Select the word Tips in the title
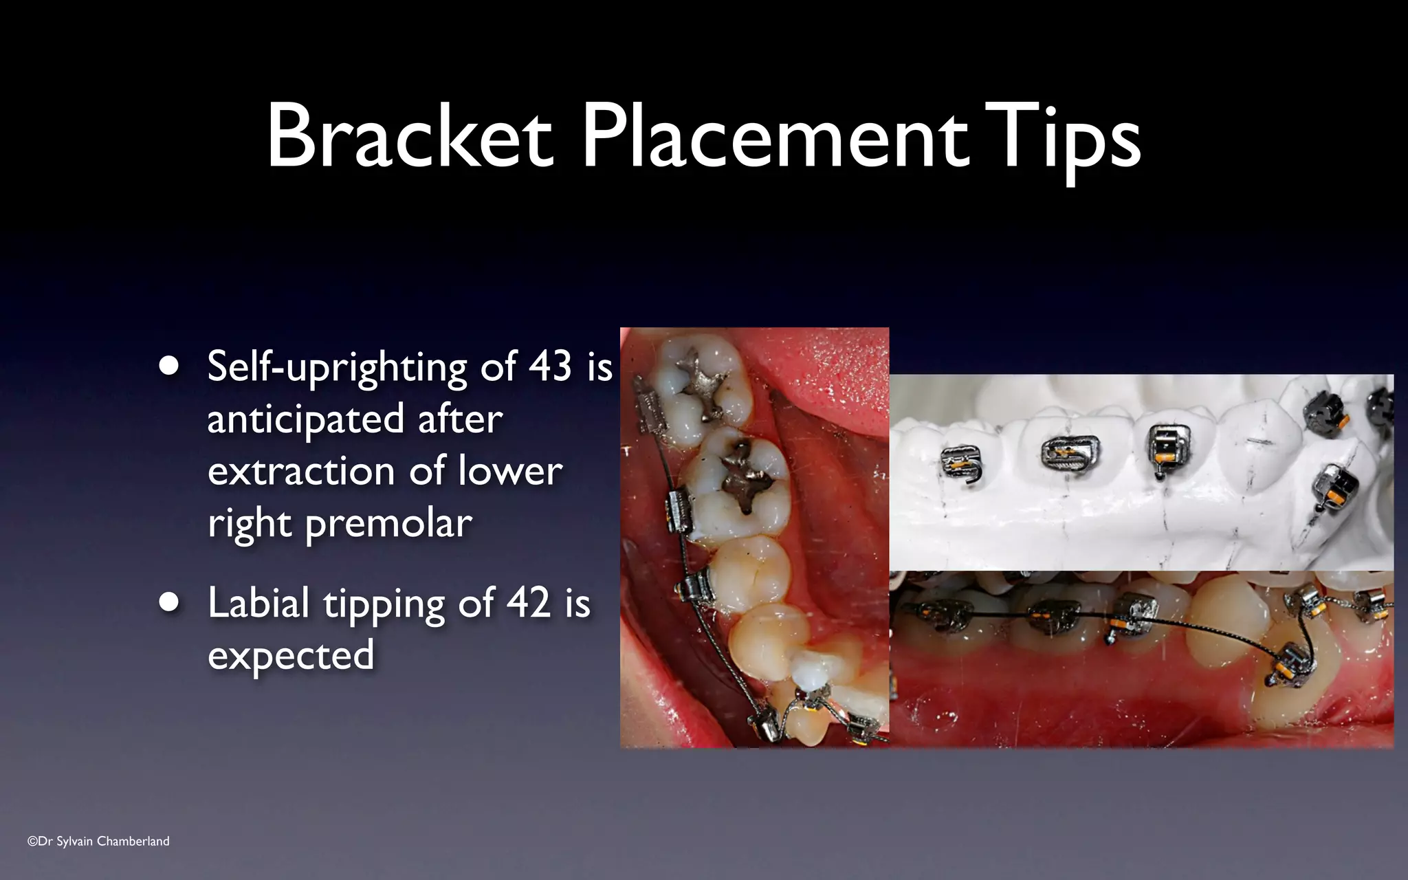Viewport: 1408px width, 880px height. (x=1063, y=137)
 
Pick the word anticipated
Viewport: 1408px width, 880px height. (x=305, y=419)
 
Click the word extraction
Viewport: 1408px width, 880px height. (x=300, y=472)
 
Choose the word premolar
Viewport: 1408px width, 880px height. (x=388, y=525)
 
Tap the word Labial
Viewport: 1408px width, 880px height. (x=258, y=603)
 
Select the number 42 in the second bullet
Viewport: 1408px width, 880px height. (x=528, y=603)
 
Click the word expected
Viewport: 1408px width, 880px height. (x=291, y=655)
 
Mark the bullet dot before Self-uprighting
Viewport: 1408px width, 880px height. (x=168, y=366)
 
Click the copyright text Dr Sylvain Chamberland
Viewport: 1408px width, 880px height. (x=98, y=841)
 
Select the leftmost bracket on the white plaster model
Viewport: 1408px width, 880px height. (x=961, y=463)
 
